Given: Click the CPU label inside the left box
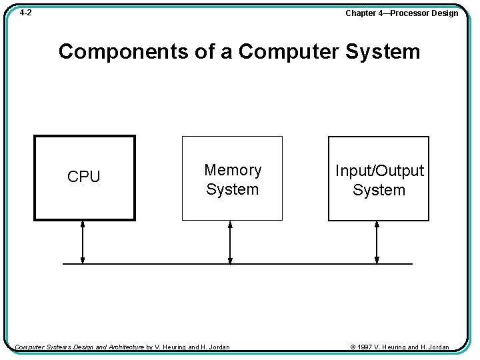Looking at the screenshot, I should [x=83, y=177].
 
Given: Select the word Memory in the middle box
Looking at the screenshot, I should [x=233, y=170].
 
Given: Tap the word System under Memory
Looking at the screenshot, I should [x=232, y=189].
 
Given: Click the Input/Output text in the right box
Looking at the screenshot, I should [x=379, y=171].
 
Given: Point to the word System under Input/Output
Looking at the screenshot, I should [x=379, y=190].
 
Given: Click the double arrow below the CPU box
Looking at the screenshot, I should [x=83, y=242].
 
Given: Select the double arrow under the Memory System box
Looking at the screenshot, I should [x=230, y=242].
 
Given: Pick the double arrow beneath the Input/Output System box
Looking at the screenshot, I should [x=377, y=242].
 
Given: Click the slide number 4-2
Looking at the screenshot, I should [x=25, y=13].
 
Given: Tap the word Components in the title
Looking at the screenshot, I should [x=122, y=51].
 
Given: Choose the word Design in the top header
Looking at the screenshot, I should [x=445, y=13].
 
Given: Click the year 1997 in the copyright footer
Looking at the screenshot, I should [x=365, y=347].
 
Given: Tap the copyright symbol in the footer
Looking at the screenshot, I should [x=353, y=347].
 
